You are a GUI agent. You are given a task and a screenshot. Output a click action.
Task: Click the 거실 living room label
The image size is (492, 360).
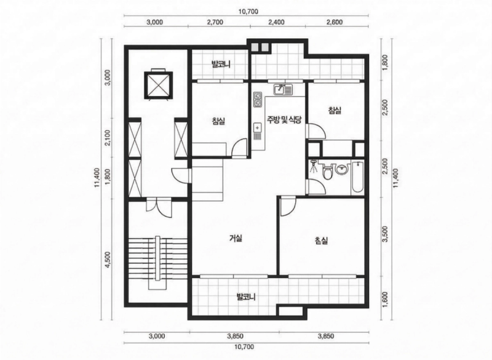[x=236, y=238]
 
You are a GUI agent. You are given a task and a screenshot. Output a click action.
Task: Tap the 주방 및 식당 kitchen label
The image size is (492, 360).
[x=284, y=119]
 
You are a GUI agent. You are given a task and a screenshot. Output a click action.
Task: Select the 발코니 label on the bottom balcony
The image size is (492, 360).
[x=246, y=297]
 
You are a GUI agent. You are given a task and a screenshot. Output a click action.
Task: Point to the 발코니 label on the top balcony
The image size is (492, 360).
[x=221, y=65]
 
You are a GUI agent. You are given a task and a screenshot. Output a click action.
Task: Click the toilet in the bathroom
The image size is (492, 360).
[x=328, y=172]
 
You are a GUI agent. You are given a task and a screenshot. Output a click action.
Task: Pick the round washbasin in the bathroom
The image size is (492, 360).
[x=341, y=169]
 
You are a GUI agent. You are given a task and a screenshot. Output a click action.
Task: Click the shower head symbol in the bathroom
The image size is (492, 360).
[x=313, y=166]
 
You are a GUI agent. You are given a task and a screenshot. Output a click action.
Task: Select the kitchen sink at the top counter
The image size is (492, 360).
[x=283, y=89]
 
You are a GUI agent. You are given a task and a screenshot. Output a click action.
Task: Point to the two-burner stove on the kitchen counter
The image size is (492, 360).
[x=258, y=99]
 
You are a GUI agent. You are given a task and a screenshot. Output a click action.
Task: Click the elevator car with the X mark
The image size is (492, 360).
[x=159, y=85]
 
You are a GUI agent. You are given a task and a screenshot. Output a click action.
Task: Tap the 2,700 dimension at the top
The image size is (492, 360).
[x=215, y=22]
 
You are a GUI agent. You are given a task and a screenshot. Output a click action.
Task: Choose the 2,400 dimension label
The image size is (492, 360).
[x=277, y=22]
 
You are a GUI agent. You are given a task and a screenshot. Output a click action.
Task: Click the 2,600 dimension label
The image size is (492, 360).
[x=335, y=22]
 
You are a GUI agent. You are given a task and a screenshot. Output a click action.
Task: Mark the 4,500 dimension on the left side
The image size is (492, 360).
[x=108, y=260]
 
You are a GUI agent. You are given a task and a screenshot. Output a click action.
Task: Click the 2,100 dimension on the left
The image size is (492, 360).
[x=108, y=138]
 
